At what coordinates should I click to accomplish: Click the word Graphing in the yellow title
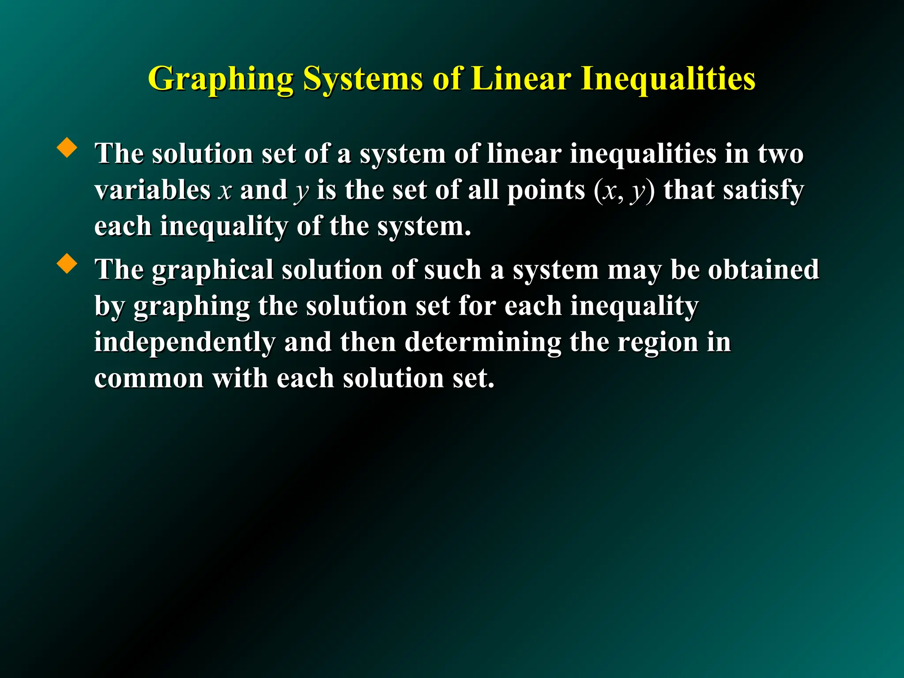(x=221, y=79)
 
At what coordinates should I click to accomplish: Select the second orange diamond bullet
(x=67, y=264)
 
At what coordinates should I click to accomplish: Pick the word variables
(x=152, y=190)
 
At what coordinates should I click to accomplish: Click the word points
(x=546, y=191)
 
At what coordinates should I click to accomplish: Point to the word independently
(x=185, y=343)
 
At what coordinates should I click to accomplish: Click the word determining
(x=482, y=343)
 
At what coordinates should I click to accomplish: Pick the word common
(x=149, y=379)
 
